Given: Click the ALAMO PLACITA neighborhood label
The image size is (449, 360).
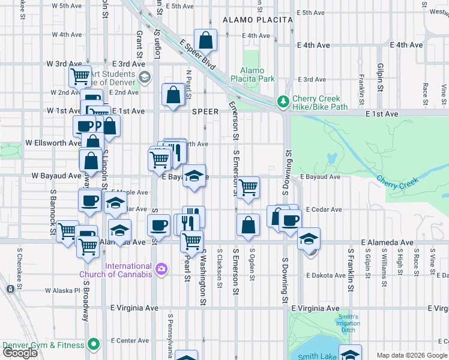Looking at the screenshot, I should pos(258,20).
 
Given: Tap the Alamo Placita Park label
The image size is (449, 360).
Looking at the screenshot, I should pos(258,74).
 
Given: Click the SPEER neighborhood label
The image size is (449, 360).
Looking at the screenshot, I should pos(205,112).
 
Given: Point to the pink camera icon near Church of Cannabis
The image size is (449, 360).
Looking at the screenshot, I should pos(160,268).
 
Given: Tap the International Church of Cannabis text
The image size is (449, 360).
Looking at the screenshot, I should pos(128,270).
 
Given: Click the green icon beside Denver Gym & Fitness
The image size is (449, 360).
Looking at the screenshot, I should pos(93,344).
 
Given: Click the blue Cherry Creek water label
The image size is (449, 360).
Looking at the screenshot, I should pos(396,181).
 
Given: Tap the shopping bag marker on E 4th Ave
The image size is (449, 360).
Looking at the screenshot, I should pos(205,41).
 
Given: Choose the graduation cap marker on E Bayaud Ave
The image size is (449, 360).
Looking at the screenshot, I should pos(194,176).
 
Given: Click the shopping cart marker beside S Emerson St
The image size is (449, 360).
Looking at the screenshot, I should pos(248,188).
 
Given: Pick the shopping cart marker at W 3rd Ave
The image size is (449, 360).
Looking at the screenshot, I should pos(80,76).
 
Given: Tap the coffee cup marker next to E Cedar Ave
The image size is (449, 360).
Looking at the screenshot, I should pos(290,220).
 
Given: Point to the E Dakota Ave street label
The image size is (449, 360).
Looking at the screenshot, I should pos(325,275).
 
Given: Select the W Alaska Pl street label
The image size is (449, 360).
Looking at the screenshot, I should pos(62,290).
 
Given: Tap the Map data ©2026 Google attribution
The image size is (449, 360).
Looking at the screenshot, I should pos(412,355).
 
